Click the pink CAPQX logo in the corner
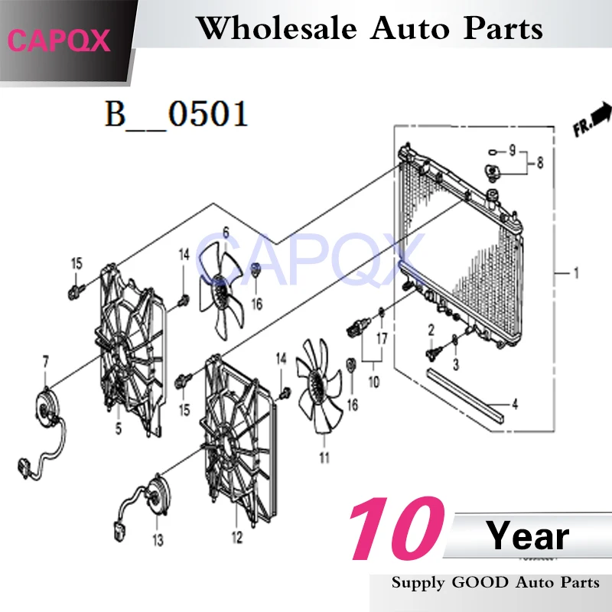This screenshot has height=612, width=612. coord(59,41)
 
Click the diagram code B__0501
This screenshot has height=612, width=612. coord(177,113)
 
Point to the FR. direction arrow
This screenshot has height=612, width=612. coord(591,119)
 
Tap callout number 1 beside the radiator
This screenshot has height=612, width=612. coord(576,273)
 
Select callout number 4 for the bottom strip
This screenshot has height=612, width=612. coord(515,404)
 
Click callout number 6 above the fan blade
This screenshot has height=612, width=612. coord(226,233)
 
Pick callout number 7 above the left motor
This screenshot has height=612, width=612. coord(46,362)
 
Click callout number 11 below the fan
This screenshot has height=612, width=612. coord(324,457)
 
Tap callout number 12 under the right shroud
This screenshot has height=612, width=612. coord(237,537)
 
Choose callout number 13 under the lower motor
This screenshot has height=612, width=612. coord(158,540)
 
